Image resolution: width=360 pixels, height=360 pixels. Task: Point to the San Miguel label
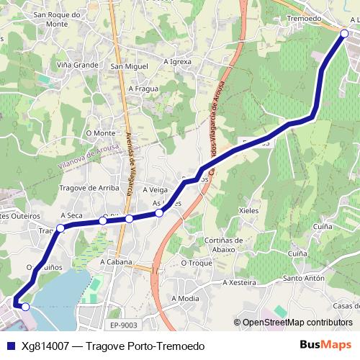tap(129, 66)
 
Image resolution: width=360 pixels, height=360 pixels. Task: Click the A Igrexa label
tap(177, 61)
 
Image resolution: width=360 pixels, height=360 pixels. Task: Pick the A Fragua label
tap(143, 89)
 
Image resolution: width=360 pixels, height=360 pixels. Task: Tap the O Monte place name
tap(100, 133)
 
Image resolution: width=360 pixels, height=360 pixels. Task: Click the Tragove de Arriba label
tap(89, 188)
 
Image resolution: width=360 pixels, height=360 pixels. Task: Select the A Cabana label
tap(116, 262)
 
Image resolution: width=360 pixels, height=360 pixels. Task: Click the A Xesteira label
tap(239, 282)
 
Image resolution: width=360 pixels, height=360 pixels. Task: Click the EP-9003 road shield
tap(123, 325)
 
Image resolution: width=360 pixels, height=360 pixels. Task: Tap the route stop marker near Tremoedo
tap(344, 34)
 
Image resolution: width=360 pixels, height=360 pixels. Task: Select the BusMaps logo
tap(325, 345)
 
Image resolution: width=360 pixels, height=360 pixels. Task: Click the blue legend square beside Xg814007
tap(10, 346)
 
